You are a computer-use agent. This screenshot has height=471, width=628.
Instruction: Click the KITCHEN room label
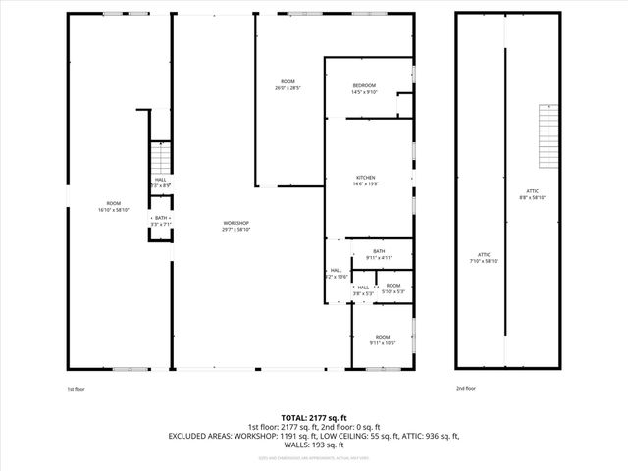(365, 180)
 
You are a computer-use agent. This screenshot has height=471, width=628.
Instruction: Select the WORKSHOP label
(235, 226)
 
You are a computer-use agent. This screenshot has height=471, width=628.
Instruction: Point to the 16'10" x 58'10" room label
(114, 206)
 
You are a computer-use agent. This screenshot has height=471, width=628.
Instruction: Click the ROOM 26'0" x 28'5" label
(288, 84)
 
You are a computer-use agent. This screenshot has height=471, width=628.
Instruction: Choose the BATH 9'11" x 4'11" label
(378, 254)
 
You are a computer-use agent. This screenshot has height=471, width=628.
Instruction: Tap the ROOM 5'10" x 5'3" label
(392, 288)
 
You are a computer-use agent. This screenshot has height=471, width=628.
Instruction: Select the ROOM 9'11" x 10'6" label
(382, 340)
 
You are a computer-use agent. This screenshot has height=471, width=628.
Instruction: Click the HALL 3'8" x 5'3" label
(363, 290)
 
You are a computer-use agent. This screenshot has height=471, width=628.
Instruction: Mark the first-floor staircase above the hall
(160, 157)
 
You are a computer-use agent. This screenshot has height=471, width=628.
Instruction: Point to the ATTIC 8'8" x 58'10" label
(532, 193)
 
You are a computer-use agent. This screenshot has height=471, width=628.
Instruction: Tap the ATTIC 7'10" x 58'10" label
(484, 258)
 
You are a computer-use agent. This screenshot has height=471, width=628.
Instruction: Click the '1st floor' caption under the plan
(78, 390)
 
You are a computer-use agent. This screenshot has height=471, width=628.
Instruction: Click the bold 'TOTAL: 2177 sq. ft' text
(314, 417)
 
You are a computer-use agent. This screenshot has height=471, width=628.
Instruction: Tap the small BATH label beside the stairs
(161, 221)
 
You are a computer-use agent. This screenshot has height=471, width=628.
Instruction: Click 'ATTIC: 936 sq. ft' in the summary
(429, 435)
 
